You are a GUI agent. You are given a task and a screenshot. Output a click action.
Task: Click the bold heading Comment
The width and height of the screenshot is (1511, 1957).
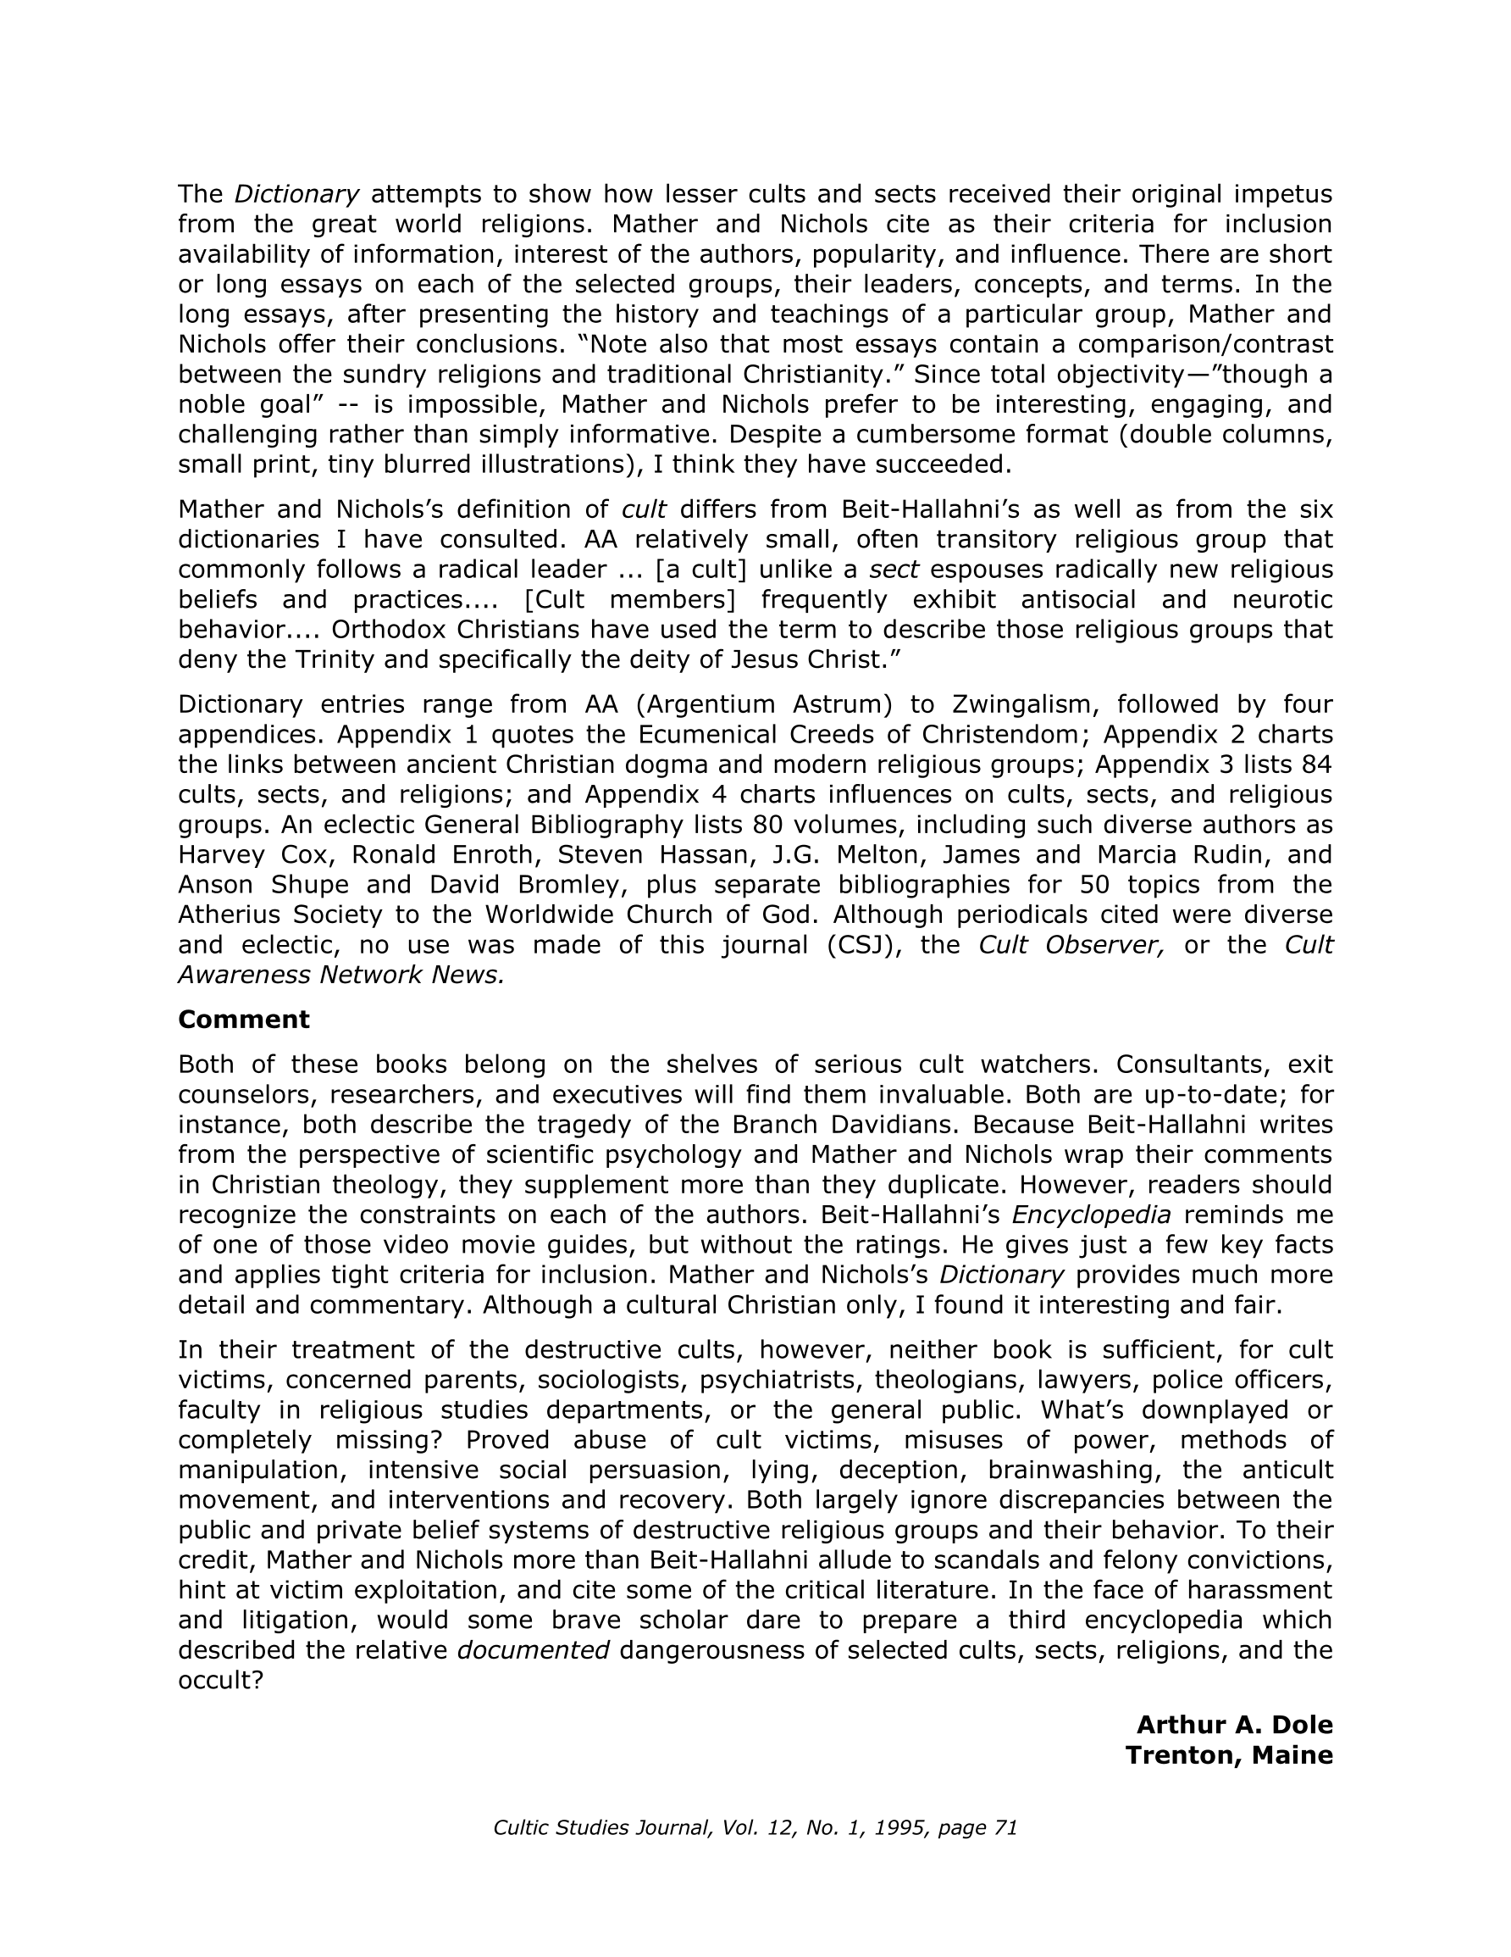pyautogui.click(x=244, y=1020)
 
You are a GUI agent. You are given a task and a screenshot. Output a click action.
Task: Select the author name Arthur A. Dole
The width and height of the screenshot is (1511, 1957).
pyautogui.click(x=1234, y=1725)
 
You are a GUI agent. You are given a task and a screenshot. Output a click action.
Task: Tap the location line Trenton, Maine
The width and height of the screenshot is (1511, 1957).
pyautogui.click(x=1229, y=1755)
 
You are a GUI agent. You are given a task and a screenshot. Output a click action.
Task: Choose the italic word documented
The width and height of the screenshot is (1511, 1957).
pyautogui.click(x=534, y=1650)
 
